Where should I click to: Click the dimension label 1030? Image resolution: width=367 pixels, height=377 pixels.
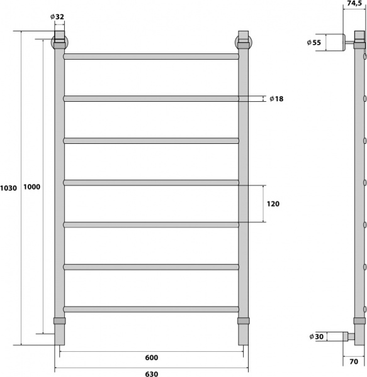[x=9, y=188]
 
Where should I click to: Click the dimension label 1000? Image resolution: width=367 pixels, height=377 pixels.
[x=31, y=187]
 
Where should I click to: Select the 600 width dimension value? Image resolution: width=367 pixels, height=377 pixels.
[x=151, y=358]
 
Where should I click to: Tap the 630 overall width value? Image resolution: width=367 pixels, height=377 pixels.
[x=151, y=373]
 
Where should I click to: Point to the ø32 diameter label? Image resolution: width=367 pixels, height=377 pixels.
[x=59, y=18]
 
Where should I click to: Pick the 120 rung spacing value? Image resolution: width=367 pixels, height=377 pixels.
[x=273, y=204]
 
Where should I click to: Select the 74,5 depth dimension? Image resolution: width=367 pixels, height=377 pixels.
[x=353, y=4]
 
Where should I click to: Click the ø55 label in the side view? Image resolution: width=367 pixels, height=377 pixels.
[x=314, y=42]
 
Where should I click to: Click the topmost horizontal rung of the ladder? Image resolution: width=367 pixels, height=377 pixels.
[x=151, y=57]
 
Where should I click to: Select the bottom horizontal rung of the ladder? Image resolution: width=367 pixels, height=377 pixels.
[x=151, y=309]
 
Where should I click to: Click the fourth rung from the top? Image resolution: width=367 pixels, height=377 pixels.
[x=151, y=183]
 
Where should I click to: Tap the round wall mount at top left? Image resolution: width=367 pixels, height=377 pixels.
[x=59, y=42]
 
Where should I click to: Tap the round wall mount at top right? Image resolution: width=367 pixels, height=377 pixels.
[x=244, y=42]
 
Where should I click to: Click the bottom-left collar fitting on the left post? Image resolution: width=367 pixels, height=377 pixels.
[x=59, y=321]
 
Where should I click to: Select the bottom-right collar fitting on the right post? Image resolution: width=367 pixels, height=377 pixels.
[x=244, y=321]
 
